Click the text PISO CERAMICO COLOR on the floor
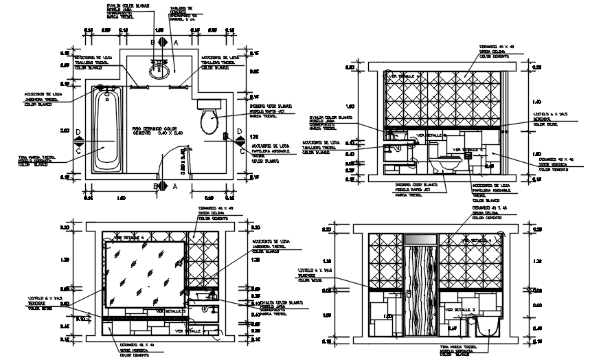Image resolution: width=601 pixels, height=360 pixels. click(x=155, y=128)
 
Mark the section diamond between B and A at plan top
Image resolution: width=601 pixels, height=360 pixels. click(x=162, y=42)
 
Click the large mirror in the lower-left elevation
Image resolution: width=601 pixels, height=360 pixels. click(x=143, y=272)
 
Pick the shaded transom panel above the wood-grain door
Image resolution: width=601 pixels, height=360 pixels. click(x=421, y=238)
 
